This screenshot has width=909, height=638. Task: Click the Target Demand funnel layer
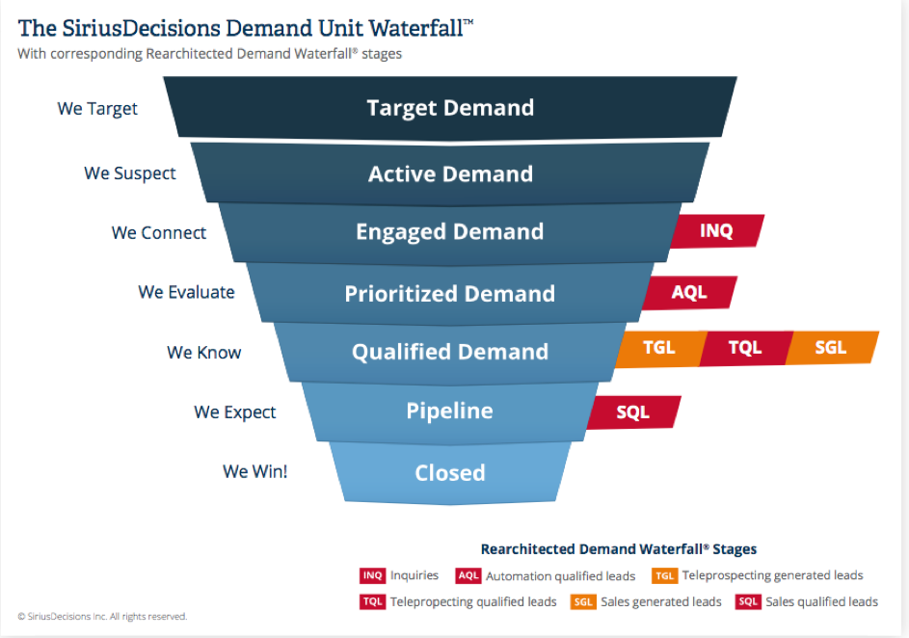(450, 108)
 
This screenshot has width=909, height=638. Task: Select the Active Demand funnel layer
(450, 173)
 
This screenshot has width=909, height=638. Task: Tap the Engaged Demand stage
(450, 232)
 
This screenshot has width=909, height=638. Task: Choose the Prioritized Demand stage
(450, 293)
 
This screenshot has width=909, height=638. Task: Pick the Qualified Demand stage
(450, 352)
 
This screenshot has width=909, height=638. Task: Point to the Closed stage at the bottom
(450, 473)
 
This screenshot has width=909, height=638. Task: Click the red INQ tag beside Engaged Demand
(717, 231)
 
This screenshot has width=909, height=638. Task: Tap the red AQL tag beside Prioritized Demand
(690, 292)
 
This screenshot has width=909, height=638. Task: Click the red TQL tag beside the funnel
(746, 348)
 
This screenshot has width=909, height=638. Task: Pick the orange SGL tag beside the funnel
(832, 348)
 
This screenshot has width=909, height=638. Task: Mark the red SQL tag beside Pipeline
(633, 412)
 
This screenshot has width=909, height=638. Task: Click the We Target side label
(97, 109)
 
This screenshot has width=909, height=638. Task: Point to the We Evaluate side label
(186, 292)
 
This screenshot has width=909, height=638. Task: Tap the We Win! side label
(255, 471)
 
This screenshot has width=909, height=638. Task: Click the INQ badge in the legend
(372, 575)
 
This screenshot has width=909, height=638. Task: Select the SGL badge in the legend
(583, 602)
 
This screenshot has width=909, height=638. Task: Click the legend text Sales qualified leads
(821, 602)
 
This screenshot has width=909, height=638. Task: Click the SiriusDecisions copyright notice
(102, 617)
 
